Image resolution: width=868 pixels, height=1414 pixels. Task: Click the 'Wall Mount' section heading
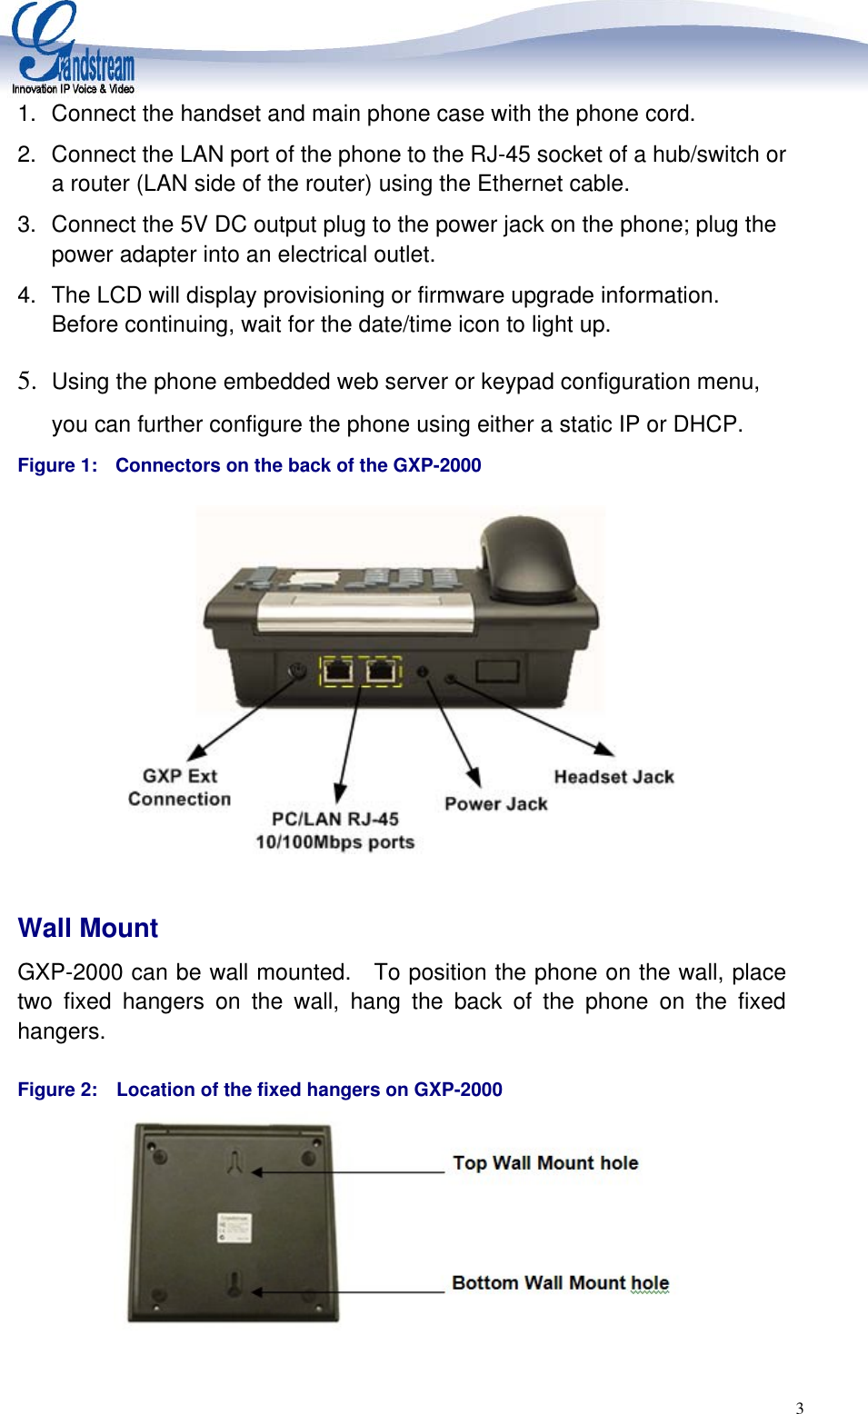click(x=88, y=928)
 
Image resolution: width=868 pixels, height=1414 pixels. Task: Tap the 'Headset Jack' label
click(x=614, y=777)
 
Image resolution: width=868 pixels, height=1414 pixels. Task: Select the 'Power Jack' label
click(x=495, y=804)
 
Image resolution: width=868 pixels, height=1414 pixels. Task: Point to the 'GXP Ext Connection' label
click(x=179, y=787)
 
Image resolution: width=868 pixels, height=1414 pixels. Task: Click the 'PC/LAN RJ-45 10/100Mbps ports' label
click(x=334, y=831)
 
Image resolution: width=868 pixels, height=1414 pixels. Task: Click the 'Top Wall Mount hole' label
click(x=545, y=1163)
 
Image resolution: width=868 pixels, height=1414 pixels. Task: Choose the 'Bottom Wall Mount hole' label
click(x=560, y=1283)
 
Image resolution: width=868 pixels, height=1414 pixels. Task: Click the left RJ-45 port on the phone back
click(x=338, y=672)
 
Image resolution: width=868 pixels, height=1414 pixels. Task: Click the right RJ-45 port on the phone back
click(x=381, y=672)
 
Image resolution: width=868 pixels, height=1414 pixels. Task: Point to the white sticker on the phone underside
click(x=234, y=1227)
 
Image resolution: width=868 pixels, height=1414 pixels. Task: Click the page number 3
click(x=800, y=1408)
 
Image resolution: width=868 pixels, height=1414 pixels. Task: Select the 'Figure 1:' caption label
click(x=57, y=465)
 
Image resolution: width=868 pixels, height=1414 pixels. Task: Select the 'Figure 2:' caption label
click(x=57, y=1090)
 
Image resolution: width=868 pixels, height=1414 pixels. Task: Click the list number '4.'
click(x=26, y=295)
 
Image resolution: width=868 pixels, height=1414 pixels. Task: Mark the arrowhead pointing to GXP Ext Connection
click(x=195, y=753)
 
